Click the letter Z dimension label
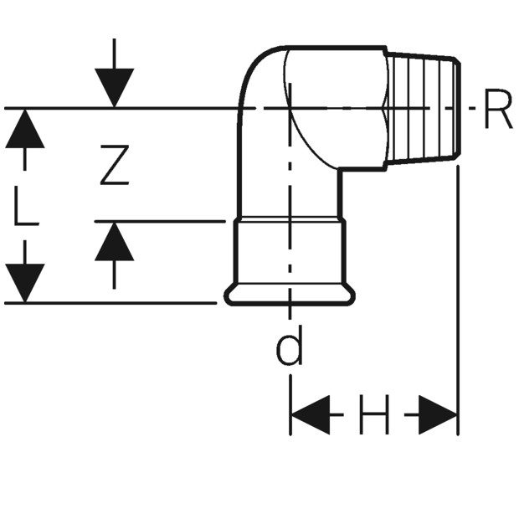point(115,165)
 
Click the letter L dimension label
point(26,206)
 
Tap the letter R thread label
point(498,109)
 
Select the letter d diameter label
point(290,345)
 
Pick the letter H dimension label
point(374,414)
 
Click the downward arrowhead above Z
point(114,88)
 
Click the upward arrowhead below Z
point(114,241)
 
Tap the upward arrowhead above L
point(25,128)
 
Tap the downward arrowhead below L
point(25,283)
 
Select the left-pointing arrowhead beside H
point(310,414)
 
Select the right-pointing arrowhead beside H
point(438,414)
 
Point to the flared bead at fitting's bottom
point(290,295)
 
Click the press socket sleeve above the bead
point(290,252)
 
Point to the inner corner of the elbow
point(340,170)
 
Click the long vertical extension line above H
point(458,301)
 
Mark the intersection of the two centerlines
point(290,108)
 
